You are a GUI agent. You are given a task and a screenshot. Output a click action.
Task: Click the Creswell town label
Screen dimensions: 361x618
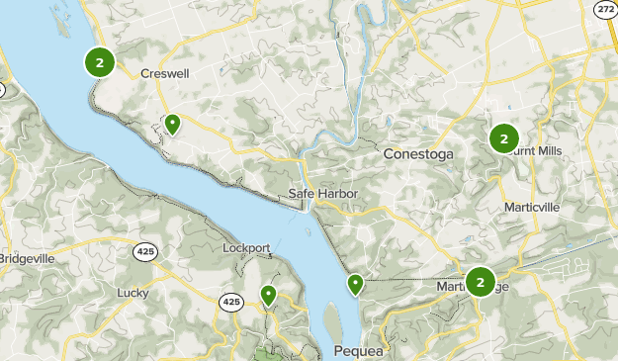(164, 73)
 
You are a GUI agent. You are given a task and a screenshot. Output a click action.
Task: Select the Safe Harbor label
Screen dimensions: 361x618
(323, 193)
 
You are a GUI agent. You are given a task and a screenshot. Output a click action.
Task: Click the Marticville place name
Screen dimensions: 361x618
(531, 208)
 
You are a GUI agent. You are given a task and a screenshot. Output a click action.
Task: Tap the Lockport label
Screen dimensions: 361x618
(246, 247)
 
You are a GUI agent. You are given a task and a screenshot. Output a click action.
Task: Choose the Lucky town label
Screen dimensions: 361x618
(132, 292)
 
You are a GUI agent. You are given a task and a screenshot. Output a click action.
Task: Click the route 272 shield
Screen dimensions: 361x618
(605, 8)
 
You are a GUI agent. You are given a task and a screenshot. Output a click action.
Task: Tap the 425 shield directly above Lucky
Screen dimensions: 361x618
(145, 252)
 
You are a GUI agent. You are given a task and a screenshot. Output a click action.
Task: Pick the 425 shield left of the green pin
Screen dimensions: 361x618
(231, 302)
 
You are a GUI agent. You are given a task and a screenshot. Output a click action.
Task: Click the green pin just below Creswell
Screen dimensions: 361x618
(172, 125)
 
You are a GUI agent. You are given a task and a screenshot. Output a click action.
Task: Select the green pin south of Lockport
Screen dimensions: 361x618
(268, 295)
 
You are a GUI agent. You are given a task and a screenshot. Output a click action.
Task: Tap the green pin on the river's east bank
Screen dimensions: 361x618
(355, 286)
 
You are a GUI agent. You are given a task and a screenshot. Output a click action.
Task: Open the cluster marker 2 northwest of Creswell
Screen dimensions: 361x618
(99, 62)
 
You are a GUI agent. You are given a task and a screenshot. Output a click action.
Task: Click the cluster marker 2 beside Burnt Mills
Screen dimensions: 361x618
(503, 138)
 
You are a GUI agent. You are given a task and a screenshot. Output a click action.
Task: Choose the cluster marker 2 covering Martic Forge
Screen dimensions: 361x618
(480, 283)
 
